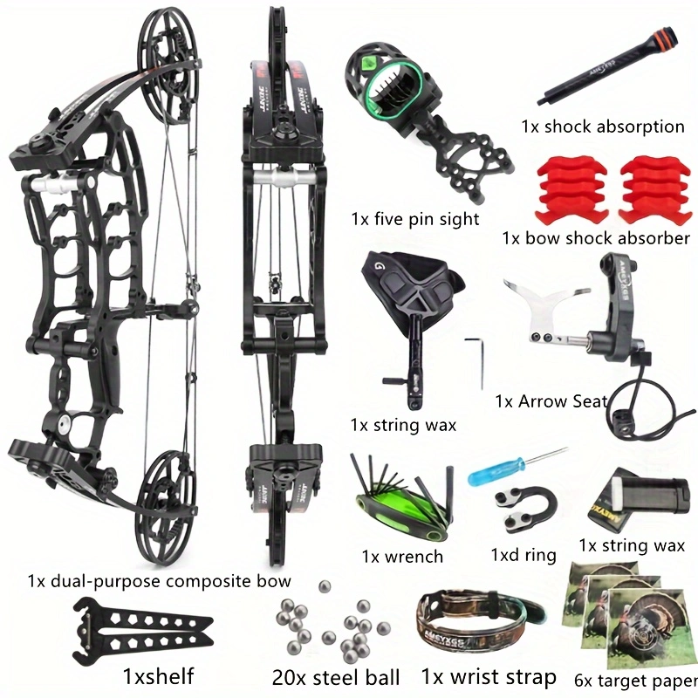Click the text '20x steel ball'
(x=336, y=677)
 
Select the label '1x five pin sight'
(x=415, y=219)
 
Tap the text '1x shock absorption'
(x=603, y=127)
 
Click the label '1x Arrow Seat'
(x=551, y=401)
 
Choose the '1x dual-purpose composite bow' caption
(x=159, y=581)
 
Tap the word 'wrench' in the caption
(x=414, y=557)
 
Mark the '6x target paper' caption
(x=636, y=681)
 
